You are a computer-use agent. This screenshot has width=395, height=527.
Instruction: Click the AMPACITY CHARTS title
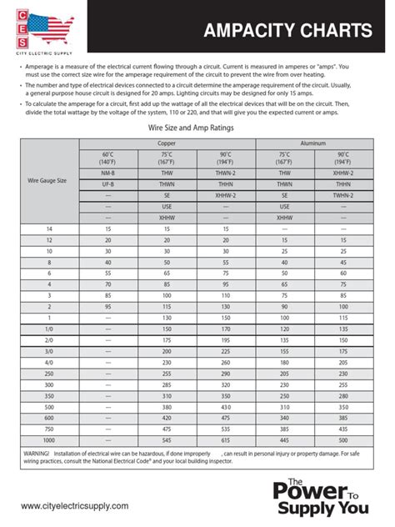[289, 31]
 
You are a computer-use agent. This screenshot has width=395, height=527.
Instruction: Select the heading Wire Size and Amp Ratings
[197, 128]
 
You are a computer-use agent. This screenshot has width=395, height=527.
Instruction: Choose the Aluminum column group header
[314, 143]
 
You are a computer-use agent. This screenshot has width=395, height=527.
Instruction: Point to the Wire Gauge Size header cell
[47, 179]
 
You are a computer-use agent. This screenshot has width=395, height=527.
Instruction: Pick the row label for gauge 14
[47, 228]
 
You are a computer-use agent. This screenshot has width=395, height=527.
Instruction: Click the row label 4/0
[47, 362]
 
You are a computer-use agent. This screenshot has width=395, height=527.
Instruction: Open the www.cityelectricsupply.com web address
[75, 506]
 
